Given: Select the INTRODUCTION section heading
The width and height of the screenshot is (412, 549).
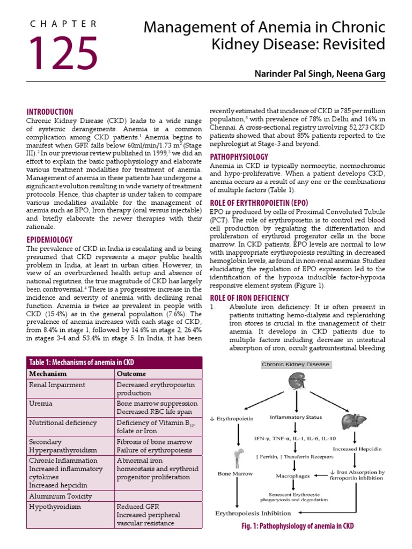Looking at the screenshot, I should pyautogui.click(x=50, y=112).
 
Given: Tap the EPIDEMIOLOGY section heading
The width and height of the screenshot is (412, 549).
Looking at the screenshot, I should pyautogui.click(x=49, y=240).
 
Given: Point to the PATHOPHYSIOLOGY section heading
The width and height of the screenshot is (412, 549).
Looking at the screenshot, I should pyautogui.click(x=239, y=157).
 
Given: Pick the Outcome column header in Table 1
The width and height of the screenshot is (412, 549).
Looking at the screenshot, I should pyautogui.click(x=131, y=374).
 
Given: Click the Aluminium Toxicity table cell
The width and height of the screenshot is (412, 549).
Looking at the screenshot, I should pyautogui.click(x=60, y=496).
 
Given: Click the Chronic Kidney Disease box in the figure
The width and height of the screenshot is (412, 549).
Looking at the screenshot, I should pyautogui.click(x=296, y=365).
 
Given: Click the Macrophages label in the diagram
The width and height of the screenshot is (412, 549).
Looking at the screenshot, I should pyautogui.click(x=293, y=475).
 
